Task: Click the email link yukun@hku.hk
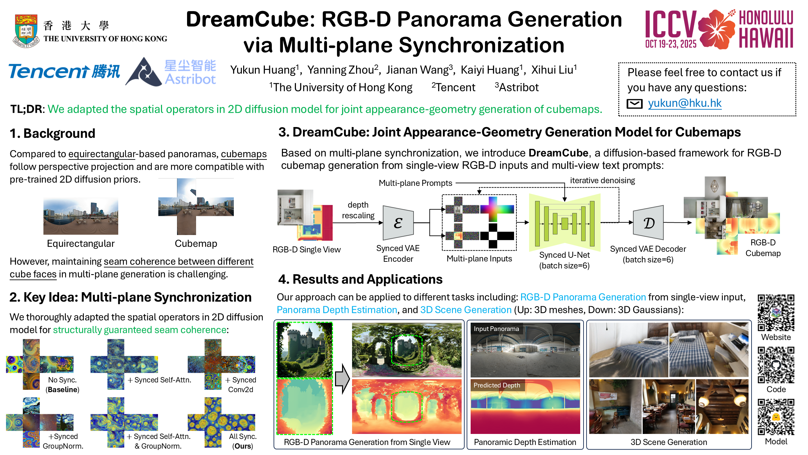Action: click(685, 103)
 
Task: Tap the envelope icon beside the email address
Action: click(634, 104)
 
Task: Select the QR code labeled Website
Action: click(776, 313)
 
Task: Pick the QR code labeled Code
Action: click(776, 365)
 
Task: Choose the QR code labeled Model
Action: click(776, 417)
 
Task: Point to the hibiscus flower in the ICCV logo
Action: click(717, 29)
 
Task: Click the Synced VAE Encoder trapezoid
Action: click(398, 223)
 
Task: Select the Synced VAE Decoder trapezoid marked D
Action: click(648, 222)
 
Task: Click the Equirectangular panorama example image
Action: click(81, 216)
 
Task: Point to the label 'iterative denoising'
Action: click(602, 181)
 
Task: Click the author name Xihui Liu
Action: click(554, 70)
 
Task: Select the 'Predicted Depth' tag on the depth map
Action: click(497, 385)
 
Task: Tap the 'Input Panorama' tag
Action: click(496, 329)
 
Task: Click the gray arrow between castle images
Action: click(342, 379)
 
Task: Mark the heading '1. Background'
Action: click(52, 133)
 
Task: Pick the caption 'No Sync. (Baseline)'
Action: click(62, 384)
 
